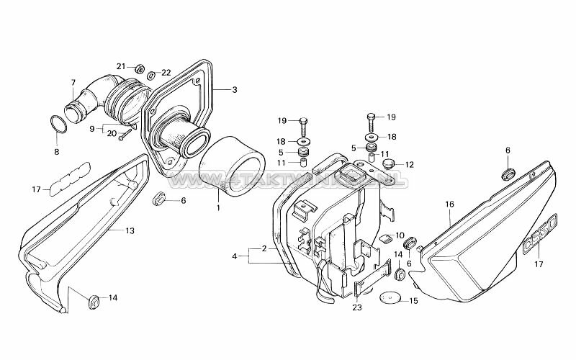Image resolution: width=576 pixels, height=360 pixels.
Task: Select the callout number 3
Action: pyautogui.click(x=234, y=90)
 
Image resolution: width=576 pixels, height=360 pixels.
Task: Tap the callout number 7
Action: pyautogui.click(x=73, y=84)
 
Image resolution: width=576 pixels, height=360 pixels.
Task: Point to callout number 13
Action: pyautogui.click(x=130, y=230)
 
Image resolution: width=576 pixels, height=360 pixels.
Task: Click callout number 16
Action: pyautogui.click(x=449, y=204)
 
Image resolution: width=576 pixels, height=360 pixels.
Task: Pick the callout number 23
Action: pyautogui.click(x=358, y=307)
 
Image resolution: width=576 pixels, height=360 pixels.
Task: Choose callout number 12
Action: pyautogui.click(x=410, y=164)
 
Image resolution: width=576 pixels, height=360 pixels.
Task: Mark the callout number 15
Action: pyautogui.click(x=413, y=300)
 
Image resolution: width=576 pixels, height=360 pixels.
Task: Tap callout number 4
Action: pyautogui.click(x=234, y=256)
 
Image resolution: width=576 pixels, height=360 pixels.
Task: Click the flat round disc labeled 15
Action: pyautogui.click(x=390, y=297)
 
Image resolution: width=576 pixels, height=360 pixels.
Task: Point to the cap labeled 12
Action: pyautogui.click(x=389, y=165)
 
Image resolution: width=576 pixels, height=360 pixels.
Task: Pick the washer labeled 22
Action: pyautogui.click(x=151, y=75)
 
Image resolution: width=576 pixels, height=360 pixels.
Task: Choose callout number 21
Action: pyautogui.click(x=121, y=66)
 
